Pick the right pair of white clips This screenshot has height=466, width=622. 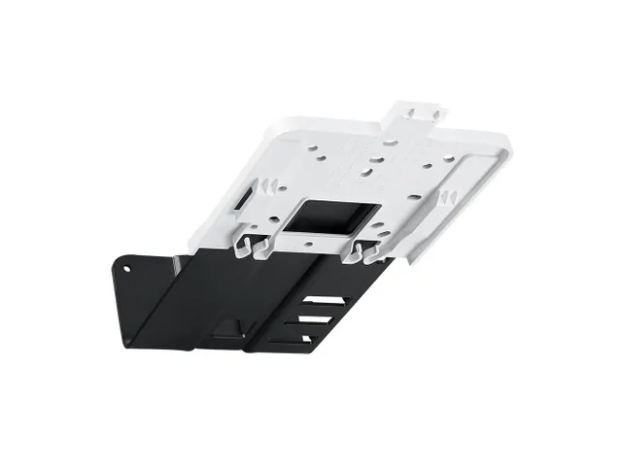coord(364,250)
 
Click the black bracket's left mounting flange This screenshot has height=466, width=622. coord(136,291)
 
